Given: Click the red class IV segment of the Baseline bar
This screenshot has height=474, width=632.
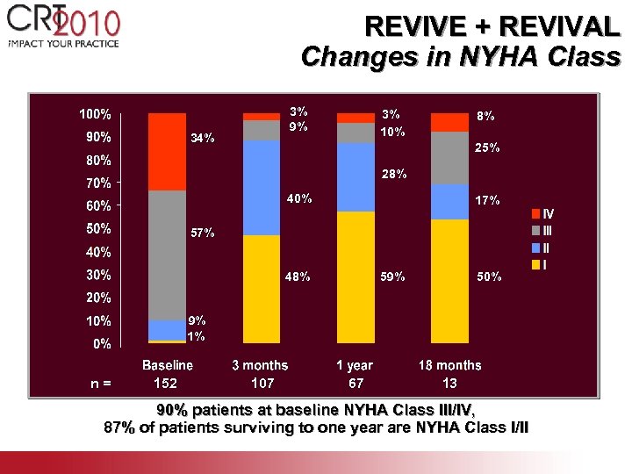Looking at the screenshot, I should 167,151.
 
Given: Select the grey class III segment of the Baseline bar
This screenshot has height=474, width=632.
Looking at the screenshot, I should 167,255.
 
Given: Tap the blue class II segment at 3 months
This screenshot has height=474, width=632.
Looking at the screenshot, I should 262,188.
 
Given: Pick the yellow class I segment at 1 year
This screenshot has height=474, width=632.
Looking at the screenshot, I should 355,276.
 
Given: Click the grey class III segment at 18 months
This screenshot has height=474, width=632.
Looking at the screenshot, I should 450,158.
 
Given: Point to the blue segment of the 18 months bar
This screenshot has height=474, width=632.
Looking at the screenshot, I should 450,202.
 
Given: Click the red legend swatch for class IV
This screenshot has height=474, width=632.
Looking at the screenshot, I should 536,213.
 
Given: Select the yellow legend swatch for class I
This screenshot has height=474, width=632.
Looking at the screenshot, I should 536,264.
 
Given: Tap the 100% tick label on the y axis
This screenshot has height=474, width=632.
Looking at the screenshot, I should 95,114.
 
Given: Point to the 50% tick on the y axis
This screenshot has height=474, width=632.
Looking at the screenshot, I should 98,228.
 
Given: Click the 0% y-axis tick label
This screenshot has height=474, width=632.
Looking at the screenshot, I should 102,344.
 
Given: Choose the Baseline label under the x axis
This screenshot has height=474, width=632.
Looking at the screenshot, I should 168,365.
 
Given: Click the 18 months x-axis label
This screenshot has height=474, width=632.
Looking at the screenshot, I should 450,365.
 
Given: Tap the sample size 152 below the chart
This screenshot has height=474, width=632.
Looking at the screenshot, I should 165,384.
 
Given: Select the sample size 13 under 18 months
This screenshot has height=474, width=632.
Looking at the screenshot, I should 449,384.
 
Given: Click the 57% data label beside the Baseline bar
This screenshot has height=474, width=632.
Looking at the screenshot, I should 204,233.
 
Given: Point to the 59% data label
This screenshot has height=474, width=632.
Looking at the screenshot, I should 392,277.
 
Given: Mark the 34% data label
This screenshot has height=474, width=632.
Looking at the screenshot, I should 204,139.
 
